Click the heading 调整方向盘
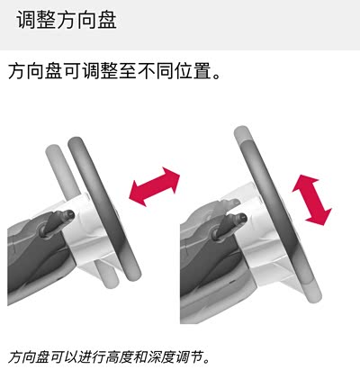pos(67,20)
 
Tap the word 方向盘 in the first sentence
pos(36,71)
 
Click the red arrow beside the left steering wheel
pos(154,186)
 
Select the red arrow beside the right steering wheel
pos(312,200)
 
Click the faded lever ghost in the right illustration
pos(223,204)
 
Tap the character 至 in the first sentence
pos(129,71)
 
